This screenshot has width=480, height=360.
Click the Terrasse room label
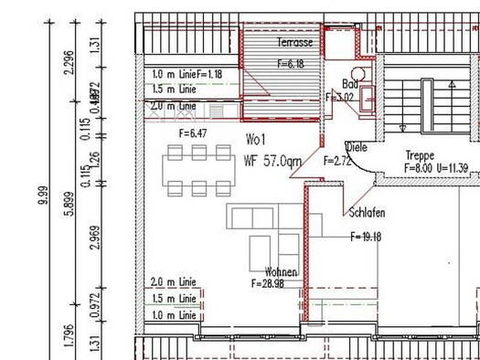295,43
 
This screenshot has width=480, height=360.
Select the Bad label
349,82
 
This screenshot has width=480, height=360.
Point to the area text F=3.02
341,95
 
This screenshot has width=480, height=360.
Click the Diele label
357,146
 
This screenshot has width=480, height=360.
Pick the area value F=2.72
337,160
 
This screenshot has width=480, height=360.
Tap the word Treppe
421,155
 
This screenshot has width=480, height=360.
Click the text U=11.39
451,168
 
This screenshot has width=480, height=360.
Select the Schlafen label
367,213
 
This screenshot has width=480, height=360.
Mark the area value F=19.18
366,236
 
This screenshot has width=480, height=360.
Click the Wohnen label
281,272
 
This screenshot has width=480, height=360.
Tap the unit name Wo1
255,141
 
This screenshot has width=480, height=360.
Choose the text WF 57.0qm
272,162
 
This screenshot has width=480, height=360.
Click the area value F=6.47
195,133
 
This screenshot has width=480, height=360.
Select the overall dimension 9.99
43,196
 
